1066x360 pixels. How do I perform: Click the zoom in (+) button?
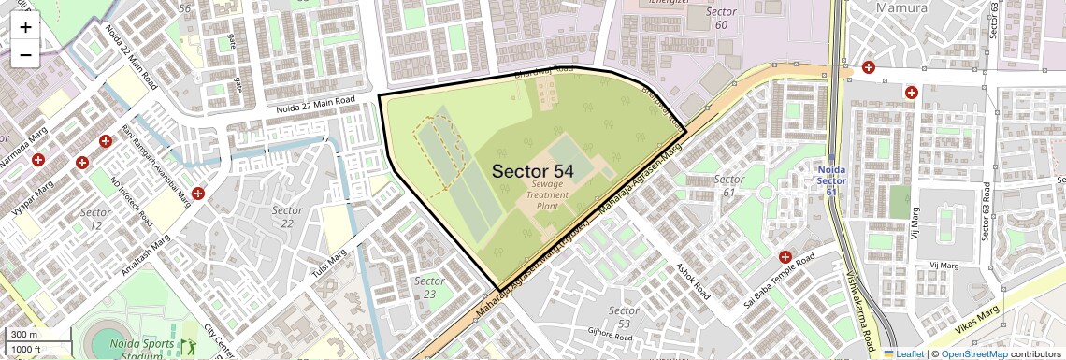pyautogui.click(x=25, y=27)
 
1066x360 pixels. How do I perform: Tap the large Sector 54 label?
pyautogui.click(x=532, y=171)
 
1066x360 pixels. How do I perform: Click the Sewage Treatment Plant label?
pyautogui.click(x=547, y=194)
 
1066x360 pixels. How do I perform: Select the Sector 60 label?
pyautogui.click(x=721, y=18)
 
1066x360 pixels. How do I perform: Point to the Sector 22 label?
pyautogui.click(x=287, y=217)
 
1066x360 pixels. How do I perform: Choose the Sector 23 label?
pyautogui.click(x=429, y=287)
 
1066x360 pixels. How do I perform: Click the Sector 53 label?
pyautogui.click(x=624, y=316)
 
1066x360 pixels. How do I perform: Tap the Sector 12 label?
pyautogui.click(x=95, y=219)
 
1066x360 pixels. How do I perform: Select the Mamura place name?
pyautogui.click(x=901, y=7)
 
